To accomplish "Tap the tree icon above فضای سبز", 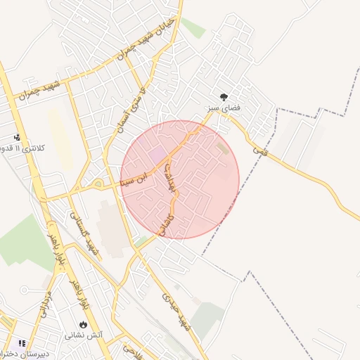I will pyautogui.click(x=224, y=97).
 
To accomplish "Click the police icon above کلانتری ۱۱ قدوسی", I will pyautogui.click(x=18, y=137).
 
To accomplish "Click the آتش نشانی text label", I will pyautogui.click(x=84, y=335).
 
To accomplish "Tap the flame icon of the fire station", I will pyautogui.click(x=84, y=324).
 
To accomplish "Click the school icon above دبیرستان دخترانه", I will pyautogui.click(x=22, y=343).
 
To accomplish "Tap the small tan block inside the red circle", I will pyautogui.click(x=223, y=148).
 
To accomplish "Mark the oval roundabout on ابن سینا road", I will pyautogui.click(x=98, y=185).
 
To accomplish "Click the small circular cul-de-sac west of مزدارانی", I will pyautogui.click(x=25, y=289).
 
